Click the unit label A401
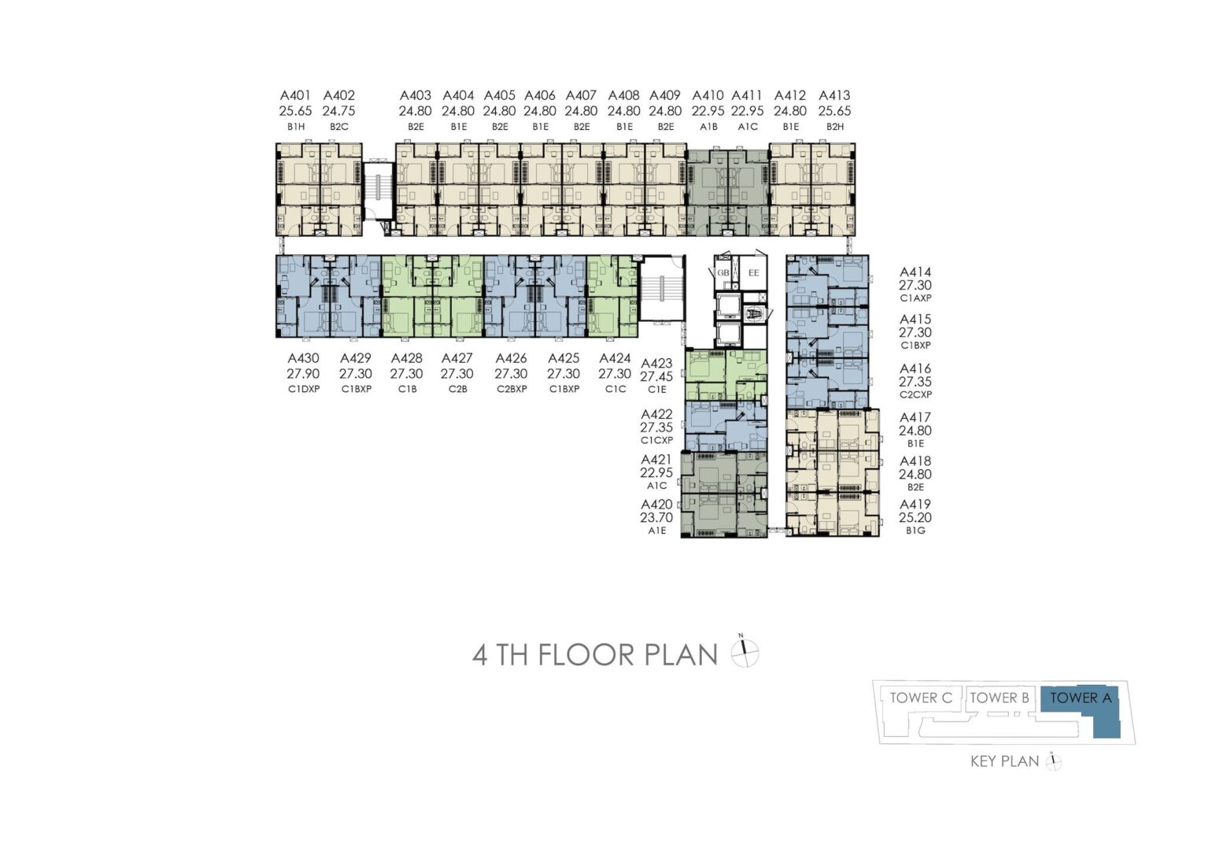[295, 95]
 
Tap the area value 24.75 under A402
[339, 111]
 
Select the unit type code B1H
[296, 127]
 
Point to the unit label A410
[708, 95]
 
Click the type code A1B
[708, 127]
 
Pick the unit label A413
[834, 95]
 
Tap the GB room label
[723, 272]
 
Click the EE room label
[754, 272]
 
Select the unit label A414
[915, 272]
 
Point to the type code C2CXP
[915, 394]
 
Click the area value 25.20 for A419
[915, 517]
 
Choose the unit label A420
[657, 505]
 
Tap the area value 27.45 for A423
[657, 377]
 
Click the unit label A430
[303, 358]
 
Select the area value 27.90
[303, 374]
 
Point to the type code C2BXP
[511, 389]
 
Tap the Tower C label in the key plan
[922, 698]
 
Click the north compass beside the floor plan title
[745, 653]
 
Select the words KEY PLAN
[1004, 761]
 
